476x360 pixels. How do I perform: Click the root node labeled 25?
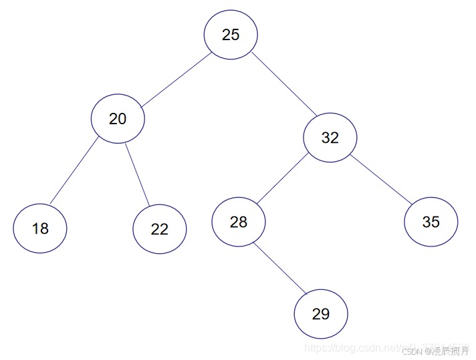click(231, 35)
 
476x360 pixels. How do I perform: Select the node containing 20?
click(118, 119)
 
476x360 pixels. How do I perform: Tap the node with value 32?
click(330, 138)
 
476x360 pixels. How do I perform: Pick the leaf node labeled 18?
click(40, 228)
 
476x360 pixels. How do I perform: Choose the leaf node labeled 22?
click(160, 229)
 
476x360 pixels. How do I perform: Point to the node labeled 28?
click(239, 222)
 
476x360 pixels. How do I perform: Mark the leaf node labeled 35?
click(431, 222)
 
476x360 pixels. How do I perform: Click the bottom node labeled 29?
click(321, 314)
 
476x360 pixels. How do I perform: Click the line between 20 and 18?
click(74, 171)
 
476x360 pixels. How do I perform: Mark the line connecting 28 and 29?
click(279, 268)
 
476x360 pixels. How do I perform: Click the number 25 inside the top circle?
click(231, 35)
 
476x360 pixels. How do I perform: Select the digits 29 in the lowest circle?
click(321, 314)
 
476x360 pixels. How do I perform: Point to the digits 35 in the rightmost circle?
click(431, 222)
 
